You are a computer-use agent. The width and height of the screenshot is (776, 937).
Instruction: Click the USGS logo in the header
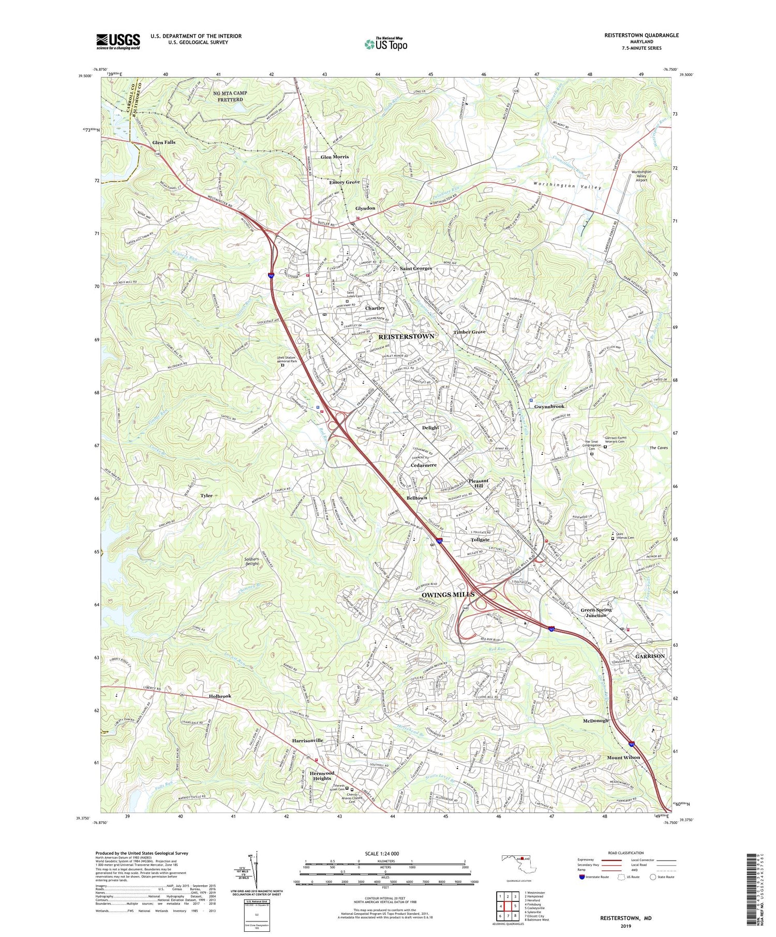click(x=118, y=41)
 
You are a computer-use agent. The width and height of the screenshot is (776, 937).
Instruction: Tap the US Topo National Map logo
click(x=385, y=44)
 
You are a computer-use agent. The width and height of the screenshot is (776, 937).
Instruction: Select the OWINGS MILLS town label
click(x=448, y=594)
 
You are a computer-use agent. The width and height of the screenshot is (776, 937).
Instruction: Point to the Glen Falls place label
click(x=163, y=142)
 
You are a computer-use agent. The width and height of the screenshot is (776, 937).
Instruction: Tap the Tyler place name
click(x=206, y=496)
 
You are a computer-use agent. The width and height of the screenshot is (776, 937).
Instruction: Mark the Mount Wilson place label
click(x=623, y=757)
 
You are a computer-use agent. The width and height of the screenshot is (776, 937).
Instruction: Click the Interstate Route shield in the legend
click(x=583, y=877)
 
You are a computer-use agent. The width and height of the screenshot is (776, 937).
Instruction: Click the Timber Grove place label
click(x=469, y=332)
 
